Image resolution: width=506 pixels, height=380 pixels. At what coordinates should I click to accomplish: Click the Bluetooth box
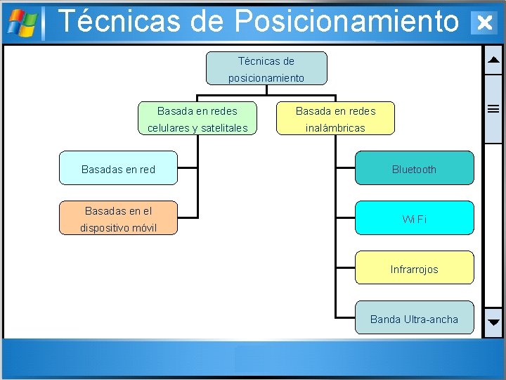pos(414,168)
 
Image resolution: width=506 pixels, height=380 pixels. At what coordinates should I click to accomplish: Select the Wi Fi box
pos(414,218)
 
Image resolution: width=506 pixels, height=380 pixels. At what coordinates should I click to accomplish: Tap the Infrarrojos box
pos(414,268)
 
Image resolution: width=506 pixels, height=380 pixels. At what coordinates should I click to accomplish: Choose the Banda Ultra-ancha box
pos(414,318)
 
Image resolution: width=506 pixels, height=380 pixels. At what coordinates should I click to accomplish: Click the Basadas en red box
pos(118,168)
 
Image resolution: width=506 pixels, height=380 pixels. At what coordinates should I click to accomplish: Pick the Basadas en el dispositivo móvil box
pos(118,218)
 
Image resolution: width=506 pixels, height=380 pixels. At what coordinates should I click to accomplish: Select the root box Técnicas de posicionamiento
pos(266,68)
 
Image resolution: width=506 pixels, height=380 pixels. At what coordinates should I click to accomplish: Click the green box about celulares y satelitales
pos(197,118)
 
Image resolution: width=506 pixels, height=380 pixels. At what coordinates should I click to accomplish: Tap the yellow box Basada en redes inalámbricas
pos(335,118)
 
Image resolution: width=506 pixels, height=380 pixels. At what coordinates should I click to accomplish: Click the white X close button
pos(484,23)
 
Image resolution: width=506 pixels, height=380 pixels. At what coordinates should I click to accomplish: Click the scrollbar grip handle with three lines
pos(493,108)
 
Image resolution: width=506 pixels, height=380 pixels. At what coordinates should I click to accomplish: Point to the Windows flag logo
pos(22,23)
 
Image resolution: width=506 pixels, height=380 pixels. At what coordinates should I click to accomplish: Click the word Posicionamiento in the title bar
pos(346,21)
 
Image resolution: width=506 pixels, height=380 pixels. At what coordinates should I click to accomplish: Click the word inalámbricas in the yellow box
pos(335,128)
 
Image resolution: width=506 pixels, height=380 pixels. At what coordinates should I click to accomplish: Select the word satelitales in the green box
pos(224,128)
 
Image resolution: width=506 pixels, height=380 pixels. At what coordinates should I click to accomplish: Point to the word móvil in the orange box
pos(141,228)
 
